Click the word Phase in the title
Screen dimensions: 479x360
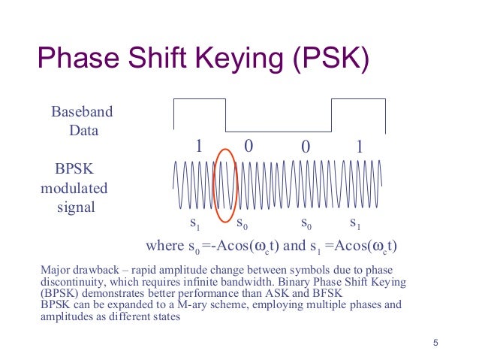79,58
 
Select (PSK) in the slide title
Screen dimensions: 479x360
331,59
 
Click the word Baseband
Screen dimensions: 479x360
82,111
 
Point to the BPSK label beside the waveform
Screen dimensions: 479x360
74,168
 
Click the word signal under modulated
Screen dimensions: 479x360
76,207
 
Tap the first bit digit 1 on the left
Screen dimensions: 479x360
199,146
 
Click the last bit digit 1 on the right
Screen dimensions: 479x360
360,147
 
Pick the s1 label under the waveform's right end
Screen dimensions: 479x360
355,223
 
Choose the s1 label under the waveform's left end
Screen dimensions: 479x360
194,223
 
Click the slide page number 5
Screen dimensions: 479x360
435,343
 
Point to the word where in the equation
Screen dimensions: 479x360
164,245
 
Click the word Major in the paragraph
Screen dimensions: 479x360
55,271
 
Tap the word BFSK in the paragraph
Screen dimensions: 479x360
327,293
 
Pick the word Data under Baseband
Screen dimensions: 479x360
83,131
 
